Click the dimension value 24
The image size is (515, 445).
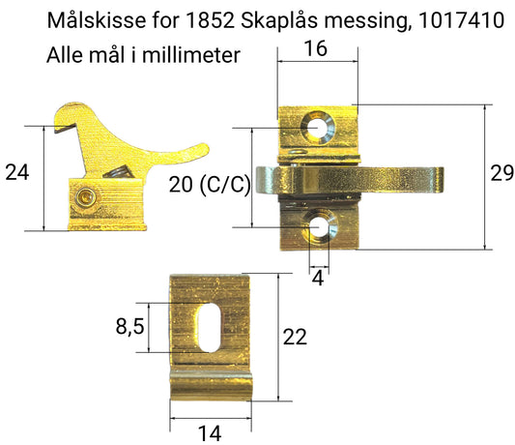pos(17,173)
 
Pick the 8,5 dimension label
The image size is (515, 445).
pos(129,328)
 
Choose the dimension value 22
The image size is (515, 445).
pos(295,337)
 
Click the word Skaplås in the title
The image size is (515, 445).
pos(279,20)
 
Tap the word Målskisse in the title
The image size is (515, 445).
pos(91,20)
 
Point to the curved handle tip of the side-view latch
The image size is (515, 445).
pos(200,149)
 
